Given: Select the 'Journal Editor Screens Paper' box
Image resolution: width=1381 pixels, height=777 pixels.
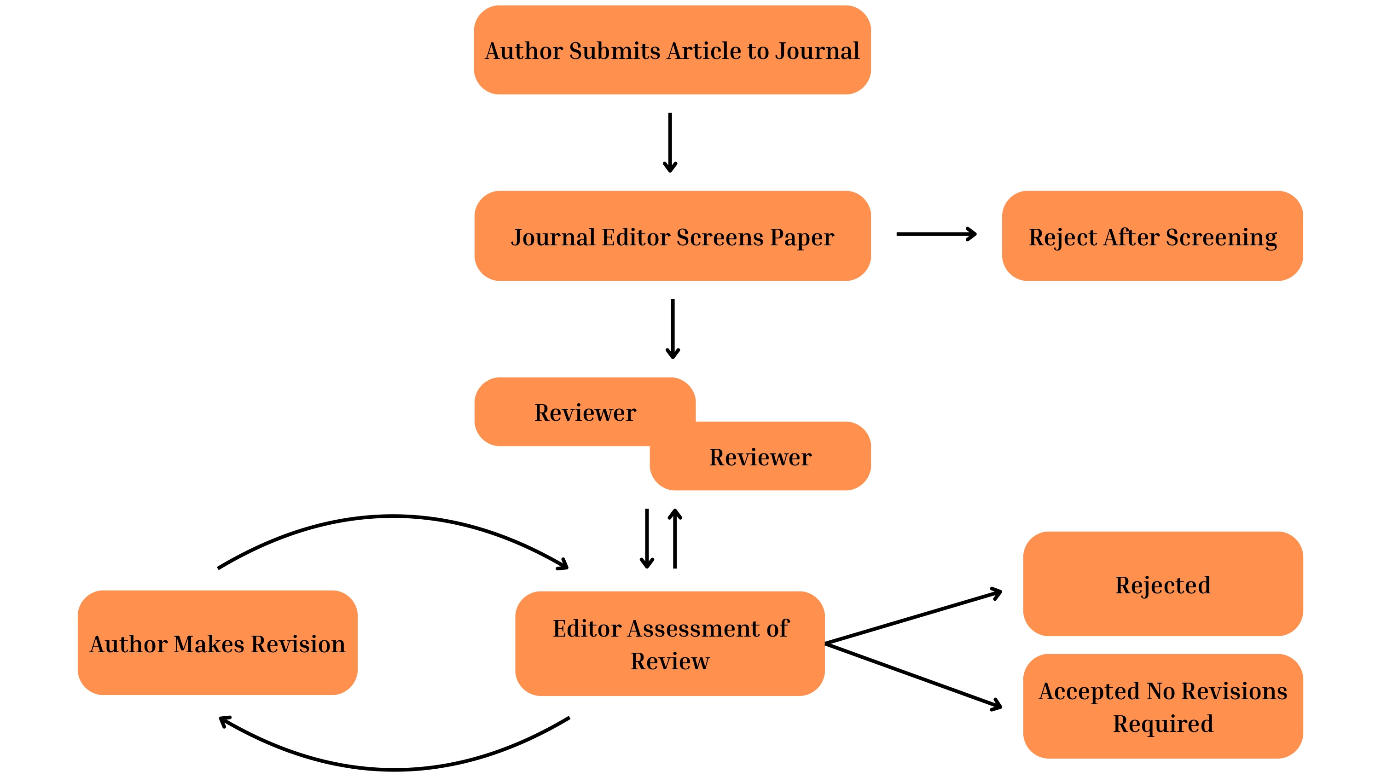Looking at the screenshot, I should [x=672, y=236].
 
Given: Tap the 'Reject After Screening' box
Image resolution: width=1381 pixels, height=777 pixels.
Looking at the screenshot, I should [x=1152, y=236].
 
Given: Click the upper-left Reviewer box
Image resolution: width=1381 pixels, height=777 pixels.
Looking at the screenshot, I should [x=584, y=412].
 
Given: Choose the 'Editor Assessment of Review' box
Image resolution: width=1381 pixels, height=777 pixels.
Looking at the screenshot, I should [x=670, y=644].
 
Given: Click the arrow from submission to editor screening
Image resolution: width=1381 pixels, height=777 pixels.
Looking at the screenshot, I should [x=670, y=142].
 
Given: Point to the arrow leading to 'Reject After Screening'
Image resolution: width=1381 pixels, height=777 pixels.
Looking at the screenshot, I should [x=935, y=234].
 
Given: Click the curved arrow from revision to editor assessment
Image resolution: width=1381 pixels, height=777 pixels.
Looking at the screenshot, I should [x=393, y=516].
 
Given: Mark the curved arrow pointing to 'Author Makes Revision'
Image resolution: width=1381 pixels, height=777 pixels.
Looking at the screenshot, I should [x=394, y=769].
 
